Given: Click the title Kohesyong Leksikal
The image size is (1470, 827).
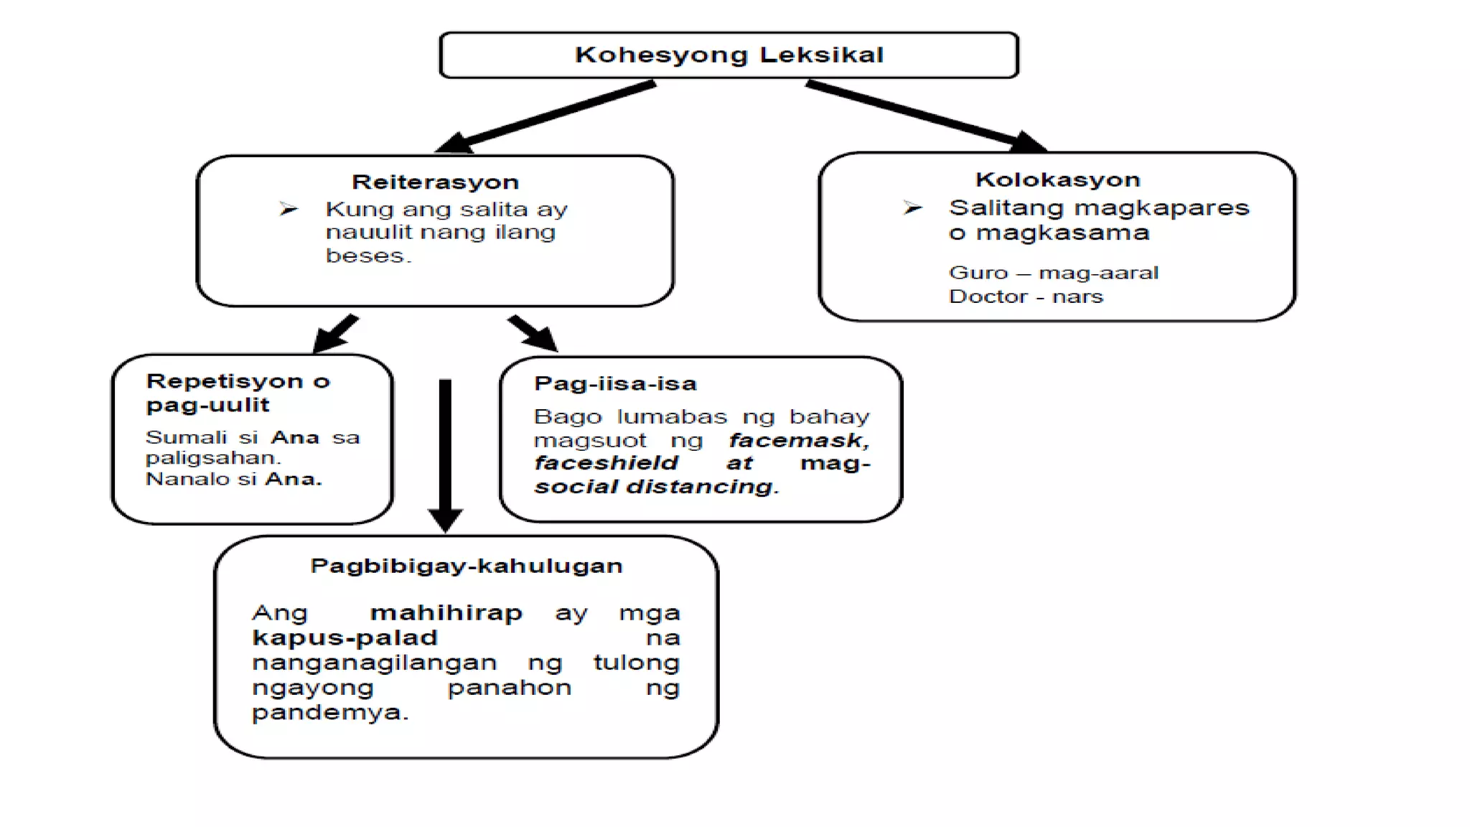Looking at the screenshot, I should tap(729, 55).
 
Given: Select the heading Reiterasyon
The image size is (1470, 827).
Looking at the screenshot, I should tap(435, 182).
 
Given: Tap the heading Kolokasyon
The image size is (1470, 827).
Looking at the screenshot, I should tap(1057, 179).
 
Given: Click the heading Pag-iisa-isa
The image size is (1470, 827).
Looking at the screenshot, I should tap(615, 383).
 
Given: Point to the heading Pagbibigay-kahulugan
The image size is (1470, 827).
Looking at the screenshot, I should tap(467, 566).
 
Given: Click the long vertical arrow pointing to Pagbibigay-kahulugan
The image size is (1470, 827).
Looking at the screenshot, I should tap(445, 452).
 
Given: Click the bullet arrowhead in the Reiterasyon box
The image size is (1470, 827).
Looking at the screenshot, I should tap(289, 209).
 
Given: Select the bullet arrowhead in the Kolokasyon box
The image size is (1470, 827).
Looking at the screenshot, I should tap(912, 208).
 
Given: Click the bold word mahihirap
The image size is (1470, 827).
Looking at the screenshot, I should tap(446, 613).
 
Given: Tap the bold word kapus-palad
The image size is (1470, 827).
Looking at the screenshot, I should tap(345, 637).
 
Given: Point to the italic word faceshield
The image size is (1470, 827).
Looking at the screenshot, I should tap(606, 463).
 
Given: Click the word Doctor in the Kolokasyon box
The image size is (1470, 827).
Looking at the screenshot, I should tap(987, 296).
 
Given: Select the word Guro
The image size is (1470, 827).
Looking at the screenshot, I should tap(978, 273).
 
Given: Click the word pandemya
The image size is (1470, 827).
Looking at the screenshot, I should tap(329, 713).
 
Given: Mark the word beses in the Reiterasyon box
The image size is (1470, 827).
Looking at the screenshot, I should tap(368, 256).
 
